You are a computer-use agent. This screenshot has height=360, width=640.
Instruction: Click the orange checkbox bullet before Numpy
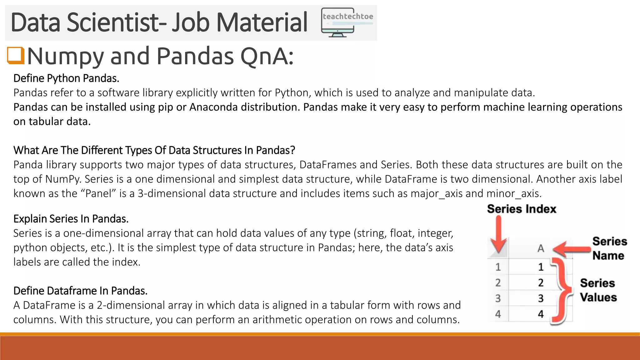tap(16, 56)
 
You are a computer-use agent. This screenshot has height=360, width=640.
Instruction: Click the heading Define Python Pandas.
tap(66, 78)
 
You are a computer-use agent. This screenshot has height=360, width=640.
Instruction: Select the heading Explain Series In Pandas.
tap(71, 219)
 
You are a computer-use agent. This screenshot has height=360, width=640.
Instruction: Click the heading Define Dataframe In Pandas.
tap(80, 291)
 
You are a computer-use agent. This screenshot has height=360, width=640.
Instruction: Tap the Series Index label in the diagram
tap(522, 209)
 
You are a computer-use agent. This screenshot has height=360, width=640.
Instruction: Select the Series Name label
tap(609, 248)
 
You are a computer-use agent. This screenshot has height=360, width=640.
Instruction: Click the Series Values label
tap(598, 290)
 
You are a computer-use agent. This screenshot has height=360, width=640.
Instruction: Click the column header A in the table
tap(541, 249)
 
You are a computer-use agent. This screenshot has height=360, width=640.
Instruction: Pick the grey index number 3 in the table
tap(498, 298)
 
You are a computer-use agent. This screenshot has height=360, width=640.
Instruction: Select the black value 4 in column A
tap(541, 314)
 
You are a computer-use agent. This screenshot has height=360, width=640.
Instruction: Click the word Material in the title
tap(262, 22)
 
